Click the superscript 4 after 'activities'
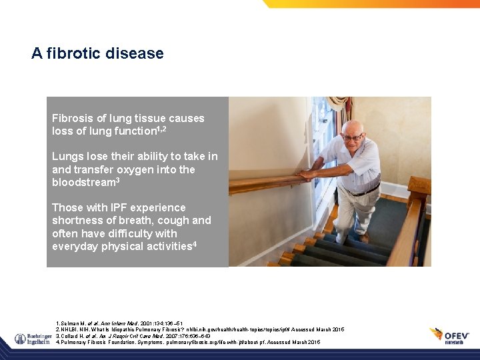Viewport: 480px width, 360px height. click(194, 244)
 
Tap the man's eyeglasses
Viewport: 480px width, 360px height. click(353, 137)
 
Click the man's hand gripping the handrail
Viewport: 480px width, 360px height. click(307, 175)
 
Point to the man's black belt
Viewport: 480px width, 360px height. click(364, 192)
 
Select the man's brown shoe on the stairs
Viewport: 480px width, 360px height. click(364, 237)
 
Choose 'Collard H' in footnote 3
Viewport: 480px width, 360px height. click(75, 335)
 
